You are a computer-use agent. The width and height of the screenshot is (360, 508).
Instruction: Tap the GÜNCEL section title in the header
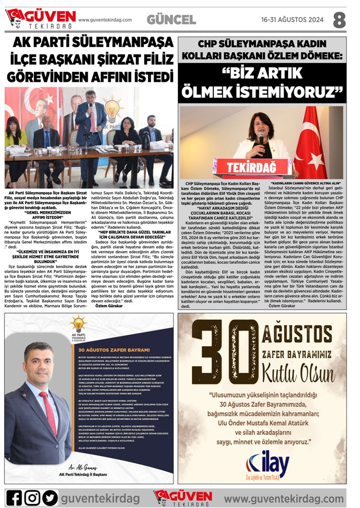[171, 20]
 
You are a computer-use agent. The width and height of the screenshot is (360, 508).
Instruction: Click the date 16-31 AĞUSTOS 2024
[293, 20]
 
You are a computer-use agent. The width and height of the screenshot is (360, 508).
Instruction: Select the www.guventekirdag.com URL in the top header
[105, 20]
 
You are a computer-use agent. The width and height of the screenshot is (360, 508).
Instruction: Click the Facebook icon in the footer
[14, 497]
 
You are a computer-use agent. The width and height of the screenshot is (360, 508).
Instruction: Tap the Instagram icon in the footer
[32, 497]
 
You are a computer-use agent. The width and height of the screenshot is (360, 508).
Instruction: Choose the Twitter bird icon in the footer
[50, 497]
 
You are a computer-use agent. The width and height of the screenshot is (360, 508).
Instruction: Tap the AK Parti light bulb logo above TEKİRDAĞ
[78, 325]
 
